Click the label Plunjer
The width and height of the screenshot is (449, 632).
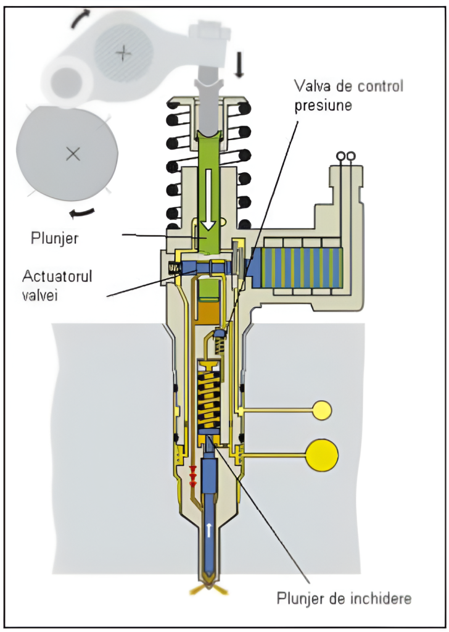tap(54, 238)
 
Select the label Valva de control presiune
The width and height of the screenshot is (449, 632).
tap(348, 95)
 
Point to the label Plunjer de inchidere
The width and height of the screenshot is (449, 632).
tap(344, 597)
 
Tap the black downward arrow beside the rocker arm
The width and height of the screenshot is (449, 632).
tap(239, 64)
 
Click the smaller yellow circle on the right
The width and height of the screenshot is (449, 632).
tap(322, 410)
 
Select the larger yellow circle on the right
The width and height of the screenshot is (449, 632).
tap(322, 455)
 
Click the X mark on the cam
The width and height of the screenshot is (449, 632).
tap(73, 153)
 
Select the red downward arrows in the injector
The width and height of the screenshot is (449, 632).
tap(192, 475)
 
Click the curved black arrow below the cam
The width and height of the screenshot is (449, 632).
tap(82, 213)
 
